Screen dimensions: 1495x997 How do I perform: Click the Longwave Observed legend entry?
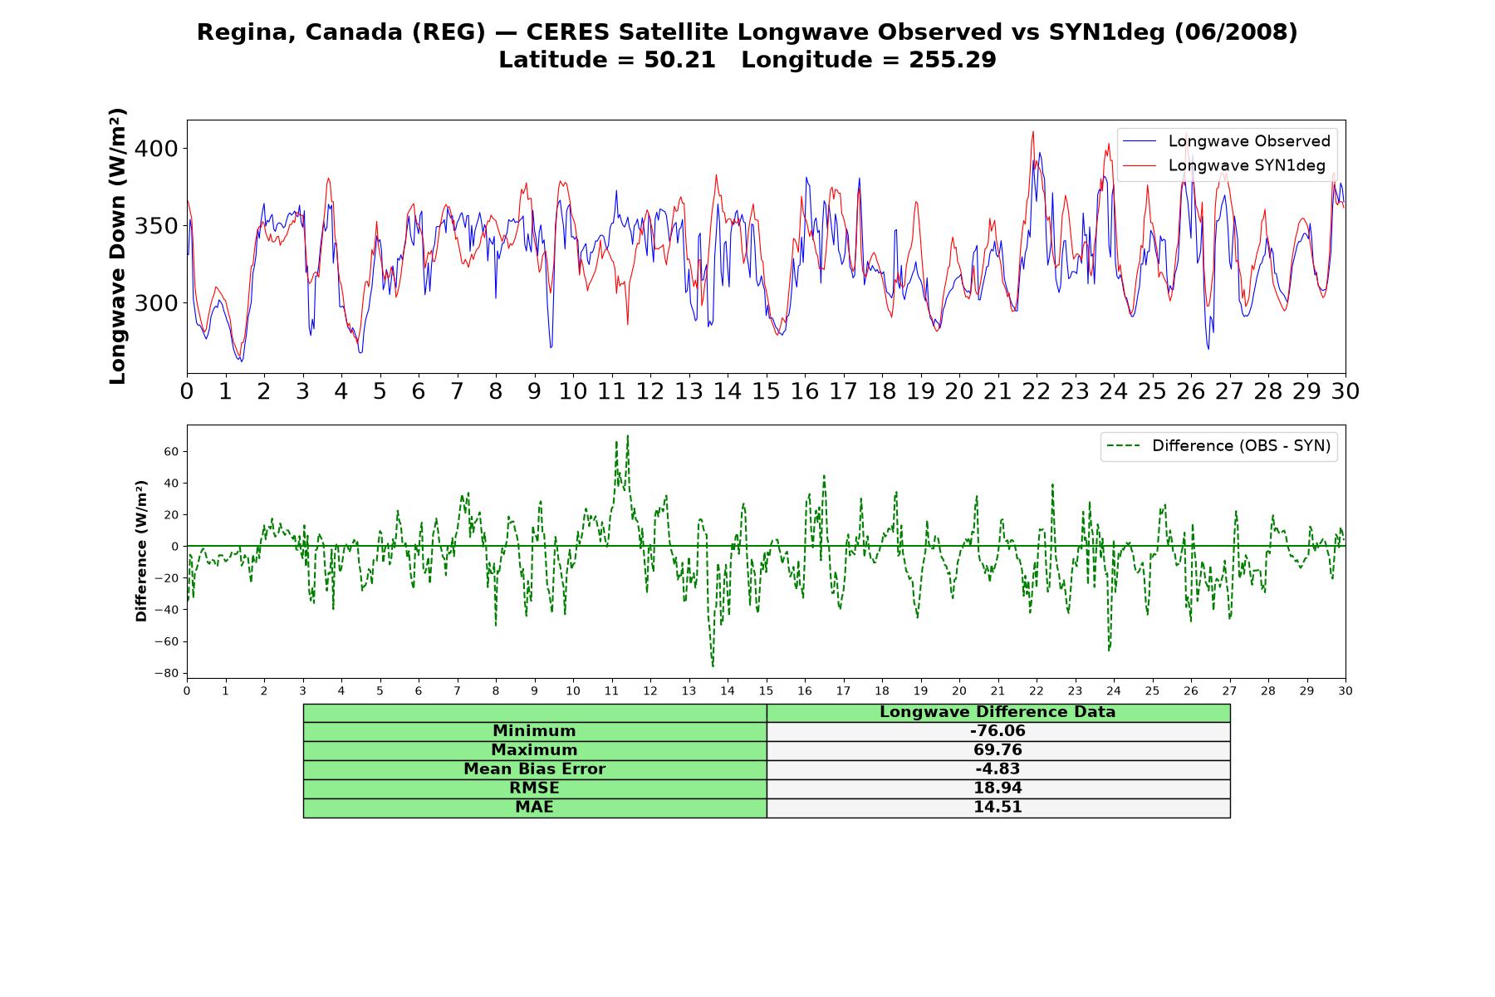coord(1226,141)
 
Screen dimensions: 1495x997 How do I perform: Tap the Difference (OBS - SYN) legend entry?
coord(1218,446)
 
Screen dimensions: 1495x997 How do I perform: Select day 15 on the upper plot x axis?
coord(766,391)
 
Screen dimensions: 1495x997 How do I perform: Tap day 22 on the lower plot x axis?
coord(1036,691)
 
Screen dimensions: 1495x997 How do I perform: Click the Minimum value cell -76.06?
coord(997,731)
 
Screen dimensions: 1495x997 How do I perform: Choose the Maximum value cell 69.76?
coord(997,750)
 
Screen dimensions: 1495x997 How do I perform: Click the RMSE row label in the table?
coord(534,788)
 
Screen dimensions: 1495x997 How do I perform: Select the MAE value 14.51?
coord(997,808)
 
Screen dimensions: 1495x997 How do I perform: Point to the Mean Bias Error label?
coord(534,769)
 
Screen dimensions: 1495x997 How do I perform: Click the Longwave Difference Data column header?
coord(997,712)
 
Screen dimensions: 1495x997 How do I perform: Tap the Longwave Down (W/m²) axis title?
coord(118,246)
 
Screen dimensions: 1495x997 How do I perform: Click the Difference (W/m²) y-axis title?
coord(141,551)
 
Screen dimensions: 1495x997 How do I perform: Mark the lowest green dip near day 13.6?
coord(713,665)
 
